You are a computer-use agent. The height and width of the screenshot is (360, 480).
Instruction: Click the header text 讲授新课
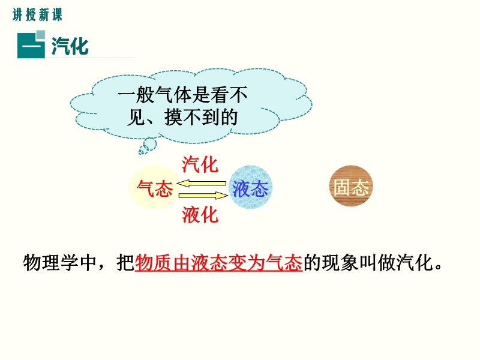click(x=37, y=14)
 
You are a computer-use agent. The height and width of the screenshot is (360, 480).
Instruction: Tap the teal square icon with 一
click(x=31, y=44)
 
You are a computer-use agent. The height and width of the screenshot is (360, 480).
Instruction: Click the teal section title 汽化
click(x=70, y=46)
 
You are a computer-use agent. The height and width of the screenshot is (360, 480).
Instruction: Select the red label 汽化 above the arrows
click(x=200, y=164)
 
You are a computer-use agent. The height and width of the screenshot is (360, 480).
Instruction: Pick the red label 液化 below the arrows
click(x=200, y=214)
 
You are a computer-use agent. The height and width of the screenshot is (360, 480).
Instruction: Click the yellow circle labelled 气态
click(x=155, y=187)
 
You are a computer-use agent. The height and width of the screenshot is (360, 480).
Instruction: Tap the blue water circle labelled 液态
click(x=250, y=187)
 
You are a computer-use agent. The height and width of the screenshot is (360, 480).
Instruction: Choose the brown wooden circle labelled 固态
click(x=351, y=186)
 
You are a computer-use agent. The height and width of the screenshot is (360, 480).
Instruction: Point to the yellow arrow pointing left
click(x=201, y=184)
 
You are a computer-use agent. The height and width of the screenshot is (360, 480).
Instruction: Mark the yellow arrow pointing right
click(x=203, y=196)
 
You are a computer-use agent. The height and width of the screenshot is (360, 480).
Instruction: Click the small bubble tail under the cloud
click(x=148, y=146)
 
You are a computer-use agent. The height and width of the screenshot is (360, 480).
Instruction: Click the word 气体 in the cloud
click(x=173, y=95)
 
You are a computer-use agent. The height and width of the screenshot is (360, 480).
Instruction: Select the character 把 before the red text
click(x=125, y=263)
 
